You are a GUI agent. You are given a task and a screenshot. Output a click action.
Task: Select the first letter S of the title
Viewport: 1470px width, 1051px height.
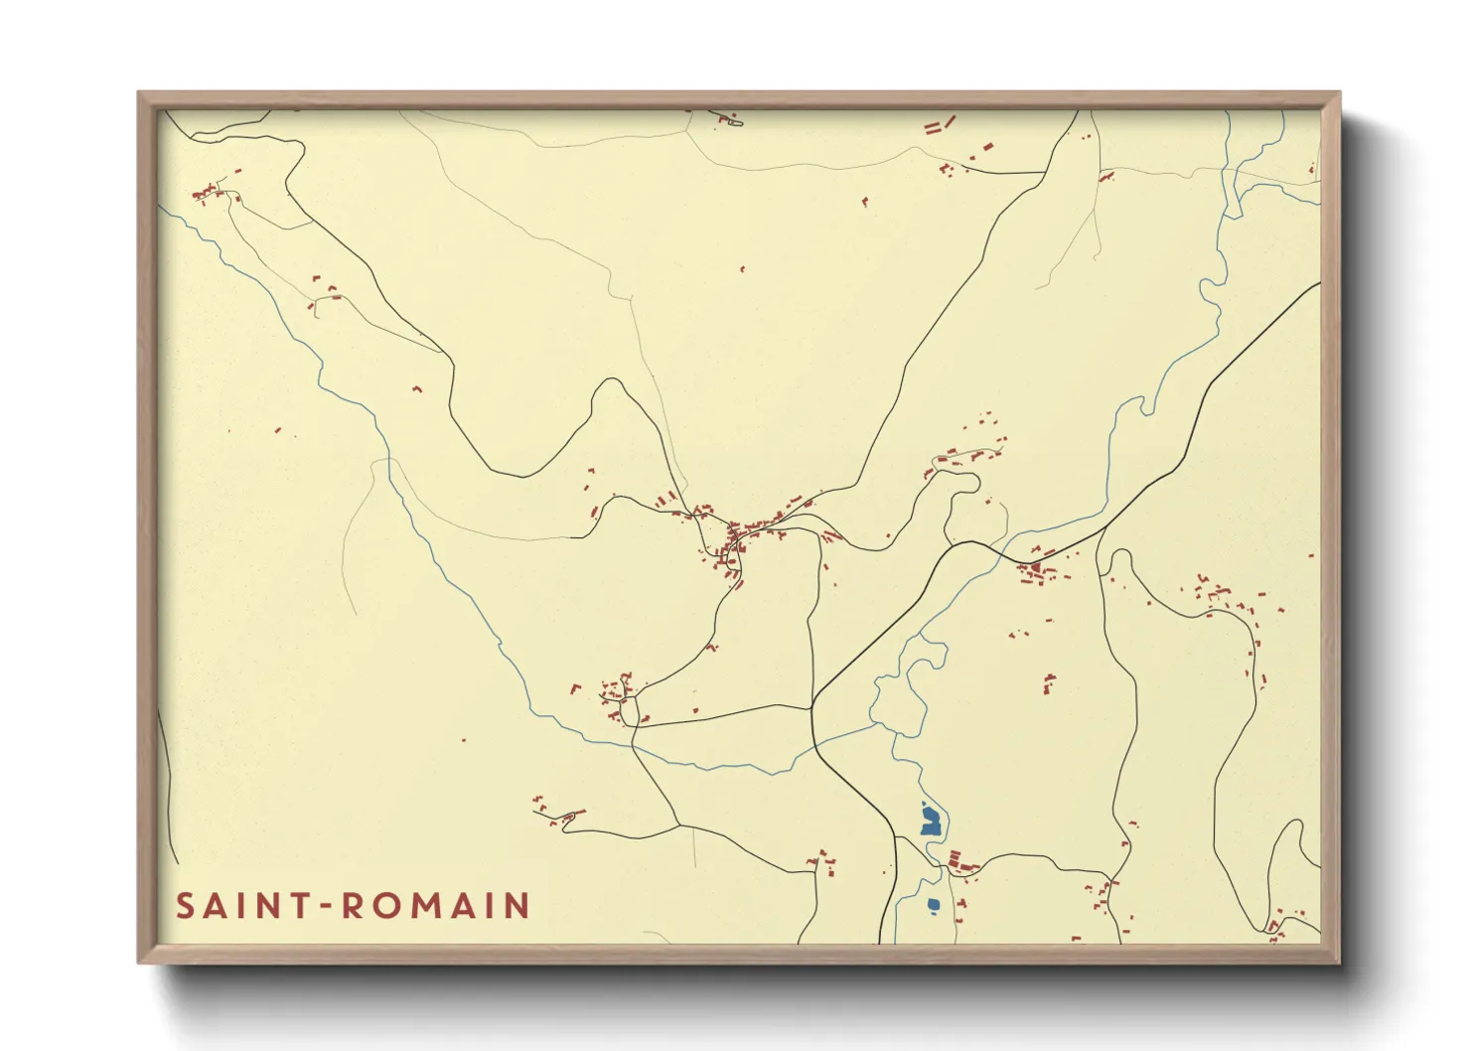(x=185, y=906)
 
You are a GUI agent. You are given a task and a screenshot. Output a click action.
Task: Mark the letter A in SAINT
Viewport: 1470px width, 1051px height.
(x=213, y=906)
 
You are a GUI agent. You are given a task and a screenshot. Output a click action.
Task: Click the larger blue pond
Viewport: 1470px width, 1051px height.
(x=930, y=821)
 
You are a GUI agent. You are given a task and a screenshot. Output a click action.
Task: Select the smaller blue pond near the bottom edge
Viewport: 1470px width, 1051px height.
(x=933, y=904)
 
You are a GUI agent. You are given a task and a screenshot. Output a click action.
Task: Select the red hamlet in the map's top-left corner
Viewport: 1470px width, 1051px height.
(x=208, y=192)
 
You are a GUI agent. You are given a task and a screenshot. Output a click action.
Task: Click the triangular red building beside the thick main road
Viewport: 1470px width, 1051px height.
(x=1035, y=568)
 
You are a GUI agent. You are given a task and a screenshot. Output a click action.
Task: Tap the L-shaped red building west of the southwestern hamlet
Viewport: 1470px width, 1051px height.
(x=574, y=687)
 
